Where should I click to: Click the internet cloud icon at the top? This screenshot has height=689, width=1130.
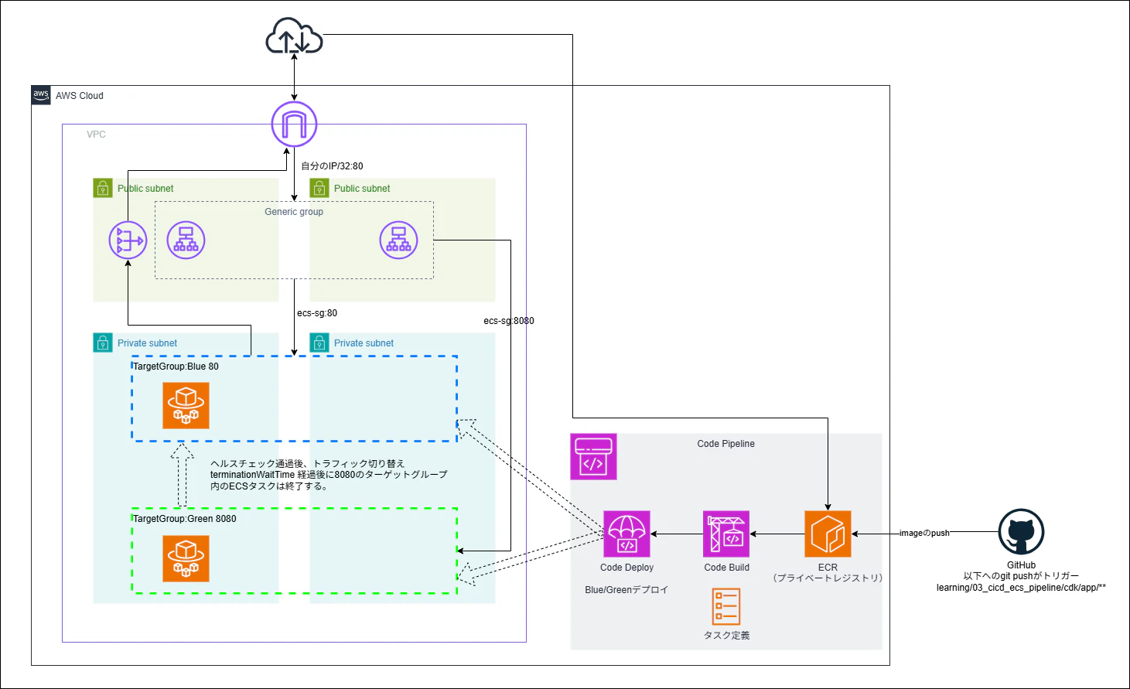(294, 36)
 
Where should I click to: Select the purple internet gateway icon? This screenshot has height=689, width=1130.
(294, 124)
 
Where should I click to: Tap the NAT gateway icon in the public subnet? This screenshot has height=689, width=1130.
(128, 240)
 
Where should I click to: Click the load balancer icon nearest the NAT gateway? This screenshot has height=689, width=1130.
(186, 240)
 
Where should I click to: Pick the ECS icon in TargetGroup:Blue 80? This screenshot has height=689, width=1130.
(186, 405)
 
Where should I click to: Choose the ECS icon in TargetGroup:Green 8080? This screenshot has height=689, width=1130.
(186, 558)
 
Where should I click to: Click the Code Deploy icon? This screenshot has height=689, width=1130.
(626, 534)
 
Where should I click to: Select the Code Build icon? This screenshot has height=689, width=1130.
(726, 534)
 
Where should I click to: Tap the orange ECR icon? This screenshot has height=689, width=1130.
(828, 534)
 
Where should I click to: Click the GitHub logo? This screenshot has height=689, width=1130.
(1021, 531)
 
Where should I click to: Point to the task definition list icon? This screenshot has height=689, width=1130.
(726, 606)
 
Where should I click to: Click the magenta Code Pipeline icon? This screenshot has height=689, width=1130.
(593, 456)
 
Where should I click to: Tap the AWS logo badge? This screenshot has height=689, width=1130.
(41, 95)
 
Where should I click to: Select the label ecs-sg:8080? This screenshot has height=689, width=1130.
(508, 321)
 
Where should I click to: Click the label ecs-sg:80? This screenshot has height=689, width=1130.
(317, 313)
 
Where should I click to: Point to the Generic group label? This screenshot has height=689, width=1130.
(294, 212)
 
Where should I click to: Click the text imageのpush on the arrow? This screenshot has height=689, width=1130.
(924, 533)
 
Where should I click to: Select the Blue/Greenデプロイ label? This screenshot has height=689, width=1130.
(626, 590)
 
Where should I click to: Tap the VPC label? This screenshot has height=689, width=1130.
(96, 135)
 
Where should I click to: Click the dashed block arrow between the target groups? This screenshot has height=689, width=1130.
(182, 474)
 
